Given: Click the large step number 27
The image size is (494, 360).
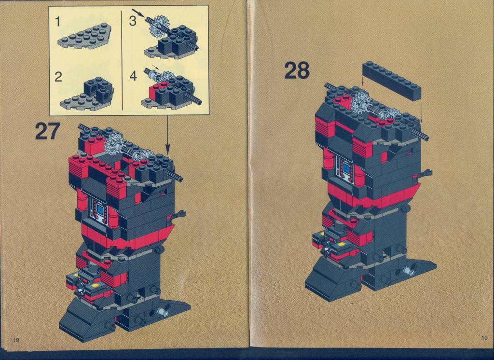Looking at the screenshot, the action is point(47,131).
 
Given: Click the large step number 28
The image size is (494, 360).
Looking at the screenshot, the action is point(297,70).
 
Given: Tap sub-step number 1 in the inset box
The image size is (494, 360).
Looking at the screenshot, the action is point(57,21).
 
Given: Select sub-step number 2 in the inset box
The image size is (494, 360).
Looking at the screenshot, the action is point(58,77).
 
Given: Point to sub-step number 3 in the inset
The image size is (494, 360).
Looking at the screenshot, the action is point(133,21).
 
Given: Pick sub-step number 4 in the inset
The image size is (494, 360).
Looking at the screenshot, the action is point(134,76).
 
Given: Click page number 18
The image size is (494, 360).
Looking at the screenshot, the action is point(16,340).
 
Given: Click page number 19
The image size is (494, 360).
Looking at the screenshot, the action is point(484,338).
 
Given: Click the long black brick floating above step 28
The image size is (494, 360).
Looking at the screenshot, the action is point(392,81).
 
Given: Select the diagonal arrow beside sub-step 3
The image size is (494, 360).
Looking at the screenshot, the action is point(138,13).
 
